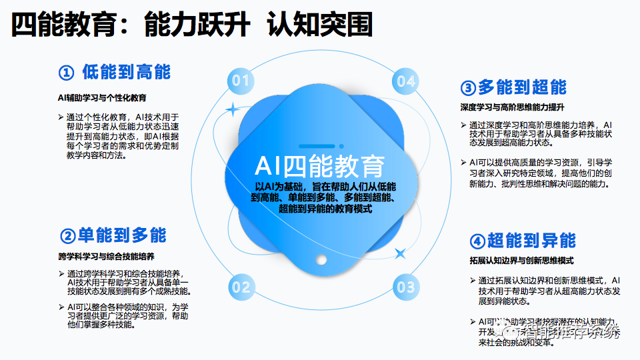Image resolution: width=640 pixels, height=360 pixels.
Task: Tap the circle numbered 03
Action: pyautogui.click(x=405, y=288)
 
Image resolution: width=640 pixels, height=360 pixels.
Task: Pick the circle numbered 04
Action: pyautogui.click(x=405, y=81)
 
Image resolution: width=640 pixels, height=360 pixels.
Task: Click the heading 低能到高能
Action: pyautogui.click(x=126, y=71)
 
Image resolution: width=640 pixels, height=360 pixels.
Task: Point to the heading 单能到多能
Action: pyautogui.click(x=122, y=235)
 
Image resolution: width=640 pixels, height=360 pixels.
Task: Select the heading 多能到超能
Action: pyautogui.click(x=522, y=87)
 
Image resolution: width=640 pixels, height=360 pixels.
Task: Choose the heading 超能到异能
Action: pyautogui.click(x=531, y=241)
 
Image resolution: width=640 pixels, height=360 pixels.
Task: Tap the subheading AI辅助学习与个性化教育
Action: pyautogui.click(x=102, y=97)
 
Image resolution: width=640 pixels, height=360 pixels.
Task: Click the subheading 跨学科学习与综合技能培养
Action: pyautogui.click(x=106, y=256)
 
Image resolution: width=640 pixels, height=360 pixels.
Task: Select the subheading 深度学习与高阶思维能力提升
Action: pyautogui.click(x=512, y=107)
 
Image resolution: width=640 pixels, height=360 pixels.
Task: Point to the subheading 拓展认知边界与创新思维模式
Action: pyautogui.click(x=517, y=261)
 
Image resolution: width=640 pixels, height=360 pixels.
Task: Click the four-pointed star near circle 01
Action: pyautogui.click(x=232, y=109)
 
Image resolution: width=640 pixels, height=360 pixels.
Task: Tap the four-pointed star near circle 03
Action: pyautogui.click(x=401, y=253)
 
